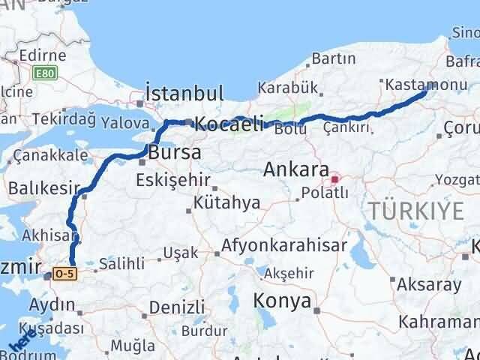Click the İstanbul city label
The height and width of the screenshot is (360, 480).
(184, 94)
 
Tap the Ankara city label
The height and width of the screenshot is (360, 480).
(295, 170)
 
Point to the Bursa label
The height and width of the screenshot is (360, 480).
(174, 152)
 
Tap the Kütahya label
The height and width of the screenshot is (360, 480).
(226, 202)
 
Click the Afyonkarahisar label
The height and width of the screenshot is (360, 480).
(284, 245)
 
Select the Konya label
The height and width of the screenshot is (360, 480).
(283, 301)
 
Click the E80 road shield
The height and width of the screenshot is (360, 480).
(44, 72)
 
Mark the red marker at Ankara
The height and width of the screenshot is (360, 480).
(335, 179)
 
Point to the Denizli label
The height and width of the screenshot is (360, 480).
(176, 307)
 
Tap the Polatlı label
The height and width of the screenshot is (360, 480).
(325, 193)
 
